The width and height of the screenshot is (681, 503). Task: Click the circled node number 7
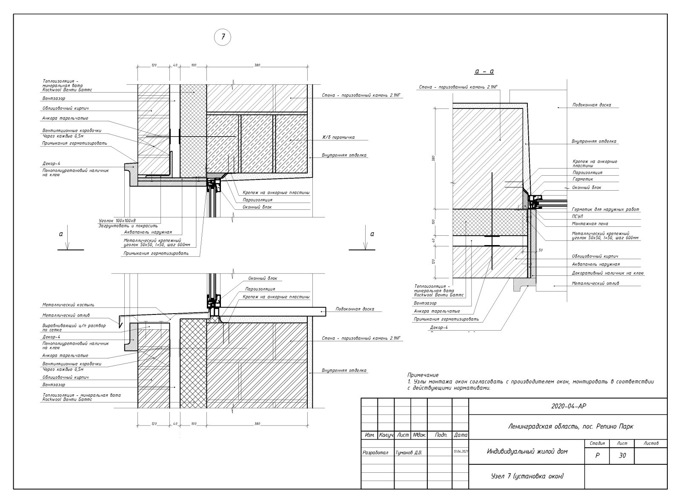tap(222, 37)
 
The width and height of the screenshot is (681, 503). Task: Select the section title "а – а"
tap(484, 71)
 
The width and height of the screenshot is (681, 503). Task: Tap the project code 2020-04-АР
tap(568, 406)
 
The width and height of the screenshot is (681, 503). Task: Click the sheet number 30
tap(622, 455)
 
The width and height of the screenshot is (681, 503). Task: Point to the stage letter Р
tap(597, 455)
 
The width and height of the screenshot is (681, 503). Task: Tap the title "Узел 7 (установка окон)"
tap(527, 476)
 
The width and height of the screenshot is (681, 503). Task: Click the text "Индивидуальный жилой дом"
tap(527, 452)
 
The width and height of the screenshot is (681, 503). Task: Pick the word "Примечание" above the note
tap(423, 375)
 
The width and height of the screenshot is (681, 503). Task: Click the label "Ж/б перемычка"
tap(338, 137)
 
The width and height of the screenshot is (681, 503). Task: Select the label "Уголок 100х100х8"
tap(117, 221)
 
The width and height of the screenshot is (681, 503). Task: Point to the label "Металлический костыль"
tap(68, 305)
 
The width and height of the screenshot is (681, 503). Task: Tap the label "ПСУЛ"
tap(578, 217)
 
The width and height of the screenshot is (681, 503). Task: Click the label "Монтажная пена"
tap(590, 223)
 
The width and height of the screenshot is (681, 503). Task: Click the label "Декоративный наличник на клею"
tap(607, 273)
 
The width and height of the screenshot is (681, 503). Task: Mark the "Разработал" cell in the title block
tap(375, 453)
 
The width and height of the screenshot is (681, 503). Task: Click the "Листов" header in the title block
tap(651, 443)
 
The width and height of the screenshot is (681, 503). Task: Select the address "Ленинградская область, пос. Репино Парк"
tap(571, 426)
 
